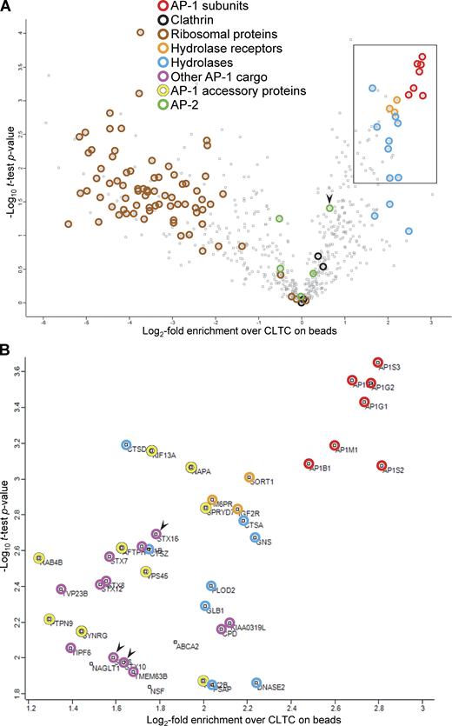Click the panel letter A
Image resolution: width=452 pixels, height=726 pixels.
point(6,7)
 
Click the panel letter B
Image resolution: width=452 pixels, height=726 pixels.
point(6,345)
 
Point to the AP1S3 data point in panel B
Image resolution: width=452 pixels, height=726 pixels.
point(378,362)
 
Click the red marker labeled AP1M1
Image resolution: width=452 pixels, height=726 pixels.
point(335,445)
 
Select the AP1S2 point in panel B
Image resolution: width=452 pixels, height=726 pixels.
point(382,465)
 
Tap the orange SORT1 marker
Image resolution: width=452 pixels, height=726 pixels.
point(249,477)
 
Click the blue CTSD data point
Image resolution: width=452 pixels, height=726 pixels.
point(126,445)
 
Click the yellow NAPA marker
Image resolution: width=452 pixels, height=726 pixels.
point(191,467)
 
